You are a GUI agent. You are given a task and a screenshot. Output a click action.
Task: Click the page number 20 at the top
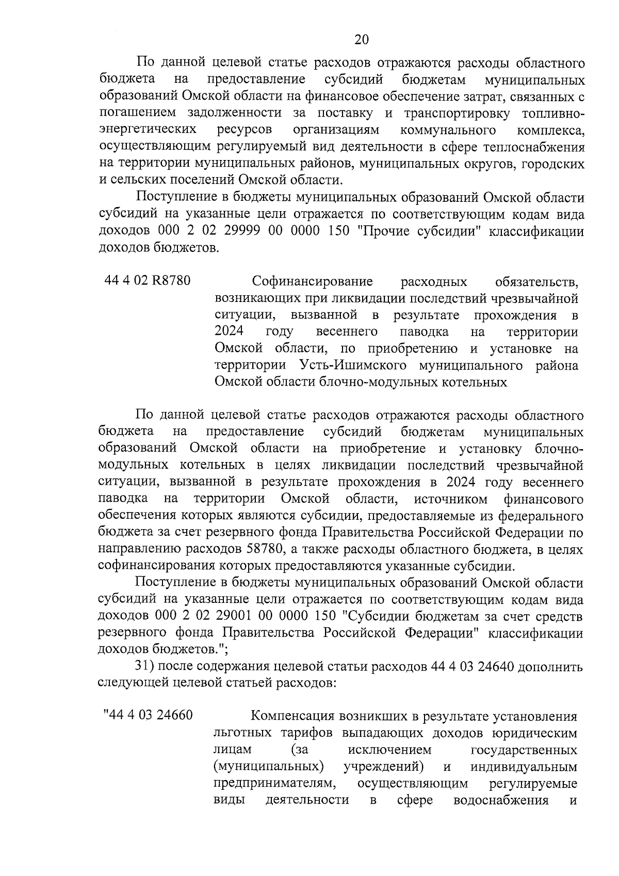pos(362,39)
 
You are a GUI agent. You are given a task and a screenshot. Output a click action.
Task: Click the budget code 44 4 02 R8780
pos(148,281)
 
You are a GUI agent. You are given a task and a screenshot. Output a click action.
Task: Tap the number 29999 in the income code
pos(245,231)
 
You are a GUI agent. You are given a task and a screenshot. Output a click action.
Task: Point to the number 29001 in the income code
pos(245,616)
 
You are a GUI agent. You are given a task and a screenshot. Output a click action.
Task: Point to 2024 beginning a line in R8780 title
pos(230,331)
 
